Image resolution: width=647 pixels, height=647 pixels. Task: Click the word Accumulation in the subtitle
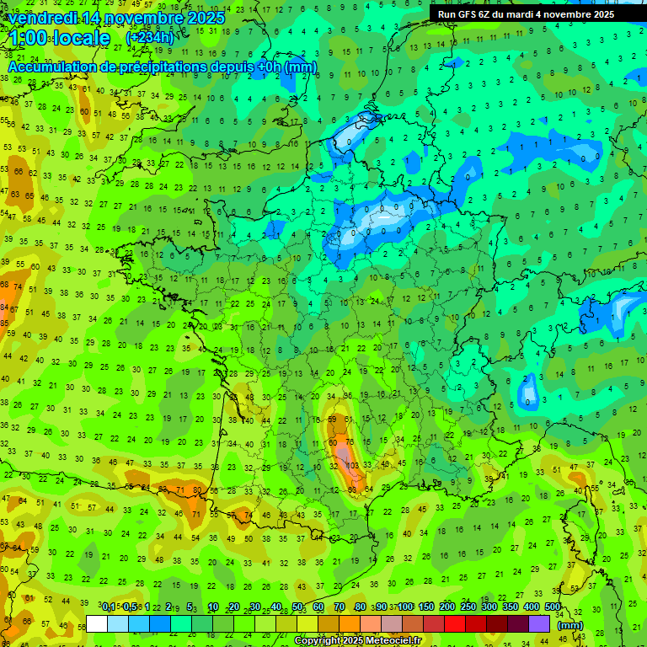[x=51, y=66]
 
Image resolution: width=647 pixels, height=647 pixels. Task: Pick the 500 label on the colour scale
[x=553, y=607]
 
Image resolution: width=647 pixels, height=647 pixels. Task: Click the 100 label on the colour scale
[x=405, y=607]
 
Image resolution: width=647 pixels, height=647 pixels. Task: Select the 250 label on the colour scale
[x=468, y=607]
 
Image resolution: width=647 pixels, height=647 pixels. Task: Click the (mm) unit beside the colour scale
[x=570, y=625]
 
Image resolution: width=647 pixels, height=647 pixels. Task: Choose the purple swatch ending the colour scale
[x=539, y=623]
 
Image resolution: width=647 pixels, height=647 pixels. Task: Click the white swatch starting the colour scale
[x=97, y=623]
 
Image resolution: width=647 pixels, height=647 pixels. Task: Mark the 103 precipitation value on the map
[x=352, y=465]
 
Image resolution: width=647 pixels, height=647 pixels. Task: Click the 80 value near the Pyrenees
[x=197, y=489]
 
